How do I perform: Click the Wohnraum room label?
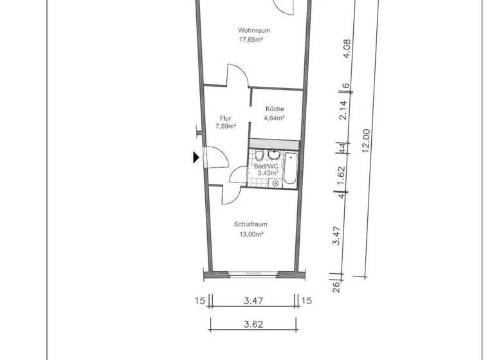tap(253, 30)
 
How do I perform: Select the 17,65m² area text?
tap(252, 39)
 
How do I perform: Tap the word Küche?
tap(275, 109)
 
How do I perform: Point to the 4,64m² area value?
tap(275, 118)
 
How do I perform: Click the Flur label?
tap(225, 118)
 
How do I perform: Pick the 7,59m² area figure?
tap(225, 126)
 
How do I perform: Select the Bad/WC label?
tap(267, 165)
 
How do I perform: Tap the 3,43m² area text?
tap(267, 173)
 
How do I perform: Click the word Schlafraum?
tap(251, 224)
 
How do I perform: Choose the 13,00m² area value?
tap(251, 234)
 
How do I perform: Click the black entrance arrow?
tap(196, 157)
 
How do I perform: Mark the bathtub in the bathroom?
tap(291, 169)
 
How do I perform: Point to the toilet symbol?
tap(259, 156)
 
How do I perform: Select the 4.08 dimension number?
tap(345, 49)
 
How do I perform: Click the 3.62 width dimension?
tap(253, 324)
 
